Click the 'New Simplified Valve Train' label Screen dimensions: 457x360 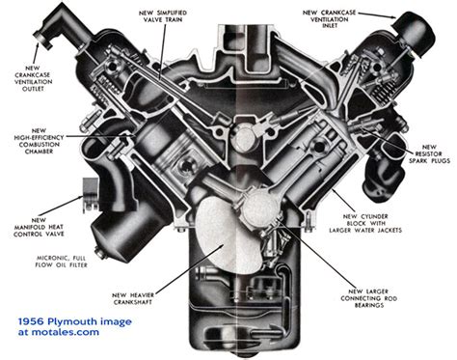[x=163, y=16]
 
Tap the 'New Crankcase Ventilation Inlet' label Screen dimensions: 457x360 [x=330, y=19]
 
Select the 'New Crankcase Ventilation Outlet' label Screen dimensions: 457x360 [x=33, y=78]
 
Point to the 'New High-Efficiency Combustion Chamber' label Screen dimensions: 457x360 [x=39, y=141]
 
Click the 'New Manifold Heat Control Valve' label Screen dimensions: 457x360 [x=39, y=227]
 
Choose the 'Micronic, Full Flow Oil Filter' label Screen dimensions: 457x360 [x=62, y=262]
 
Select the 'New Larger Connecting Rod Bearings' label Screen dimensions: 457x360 [x=369, y=298]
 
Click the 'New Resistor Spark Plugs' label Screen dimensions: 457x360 [x=429, y=153]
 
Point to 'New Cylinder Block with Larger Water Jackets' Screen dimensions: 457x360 [x=365, y=223]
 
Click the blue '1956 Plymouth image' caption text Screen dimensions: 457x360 [x=75, y=321]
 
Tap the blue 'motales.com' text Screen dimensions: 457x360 [x=66, y=332]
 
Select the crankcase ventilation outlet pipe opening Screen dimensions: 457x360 [x=43, y=39]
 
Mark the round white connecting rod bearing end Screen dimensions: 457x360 [x=260, y=208]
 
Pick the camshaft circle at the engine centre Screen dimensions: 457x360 [x=244, y=139]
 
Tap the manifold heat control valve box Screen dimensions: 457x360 [x=91, y=195]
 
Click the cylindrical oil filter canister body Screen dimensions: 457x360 [x=123, y=230]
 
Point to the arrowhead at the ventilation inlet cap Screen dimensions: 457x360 [x=392, y=16]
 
